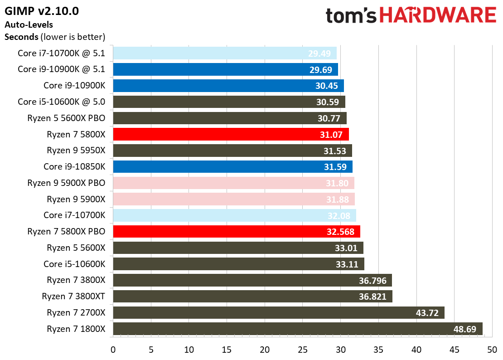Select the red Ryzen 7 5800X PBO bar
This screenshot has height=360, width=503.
click(236, 231)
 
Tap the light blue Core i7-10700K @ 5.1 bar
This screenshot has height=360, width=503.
click(224, 53)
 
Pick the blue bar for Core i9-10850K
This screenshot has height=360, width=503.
click(232, 166)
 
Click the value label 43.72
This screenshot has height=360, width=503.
click(427, 313)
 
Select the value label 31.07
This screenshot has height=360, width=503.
click(333, 134)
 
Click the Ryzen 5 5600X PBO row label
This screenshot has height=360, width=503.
click(66, 118)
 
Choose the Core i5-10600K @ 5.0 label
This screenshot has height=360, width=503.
click(61, 102)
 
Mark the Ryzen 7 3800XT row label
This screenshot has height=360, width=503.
click(73, 297)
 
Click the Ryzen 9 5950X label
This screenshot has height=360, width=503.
click(76, 151)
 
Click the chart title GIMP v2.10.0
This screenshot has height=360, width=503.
click(42, 11)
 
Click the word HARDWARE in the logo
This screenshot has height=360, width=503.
click(437, 16)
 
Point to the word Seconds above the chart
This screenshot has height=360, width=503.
click(21, 37)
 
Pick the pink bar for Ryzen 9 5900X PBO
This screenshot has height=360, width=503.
click(233, 183)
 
